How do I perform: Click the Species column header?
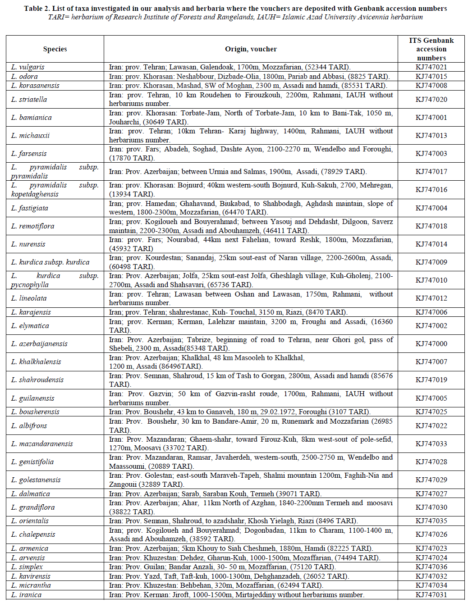tap(55, 49)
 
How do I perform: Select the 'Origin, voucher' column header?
tap(251, 49)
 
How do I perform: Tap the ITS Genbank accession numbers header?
tap(431, 49)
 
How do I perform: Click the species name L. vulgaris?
tap(28, 67)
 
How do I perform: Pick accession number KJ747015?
tap(431, 77)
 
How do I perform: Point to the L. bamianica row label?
tap(32, 118)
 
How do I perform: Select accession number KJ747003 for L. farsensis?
tap(431, 154)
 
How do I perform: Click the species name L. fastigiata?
tap(30, 208)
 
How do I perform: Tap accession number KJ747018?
tap(431, 226)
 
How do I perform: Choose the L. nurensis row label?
tap(28, 244)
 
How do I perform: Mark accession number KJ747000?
tap(431, 344)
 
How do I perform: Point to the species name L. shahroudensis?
tap(37, 380)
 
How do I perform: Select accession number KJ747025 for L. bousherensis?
tap(431, 412)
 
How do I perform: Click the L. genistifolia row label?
tap(32, 462)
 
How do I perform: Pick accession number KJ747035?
tap(431, 521)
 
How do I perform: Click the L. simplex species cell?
tap(27, 567)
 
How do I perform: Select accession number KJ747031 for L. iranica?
tap(431, 595)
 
